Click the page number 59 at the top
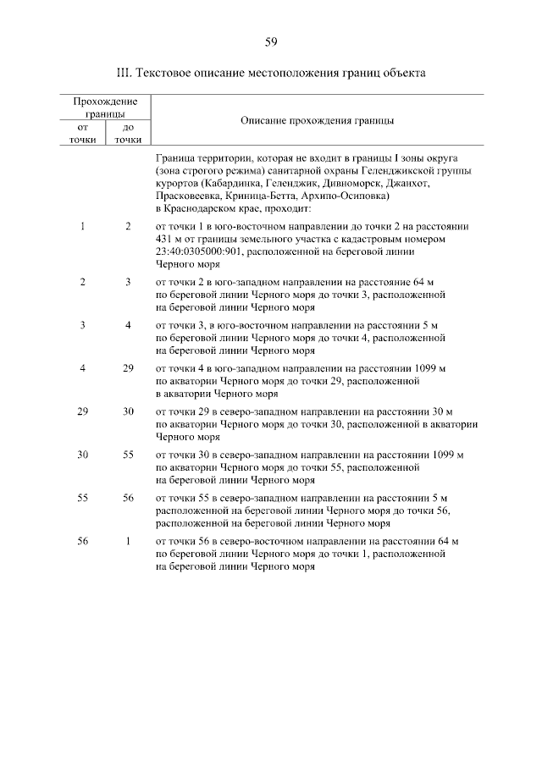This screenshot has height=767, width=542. coord(271,42)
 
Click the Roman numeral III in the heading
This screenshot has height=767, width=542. coord(124,73)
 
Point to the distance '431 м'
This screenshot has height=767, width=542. coord(169,239)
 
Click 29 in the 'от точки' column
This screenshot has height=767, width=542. coord(82,411)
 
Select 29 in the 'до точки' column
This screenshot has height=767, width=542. coord(128,369)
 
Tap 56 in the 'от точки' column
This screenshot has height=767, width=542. coord(82,540)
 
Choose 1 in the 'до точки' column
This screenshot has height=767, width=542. coord(128,540)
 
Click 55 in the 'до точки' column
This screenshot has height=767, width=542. coord(128,455)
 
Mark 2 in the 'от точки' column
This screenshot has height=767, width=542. coord(82,281)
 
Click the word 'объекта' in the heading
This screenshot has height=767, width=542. coord(403,73)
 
